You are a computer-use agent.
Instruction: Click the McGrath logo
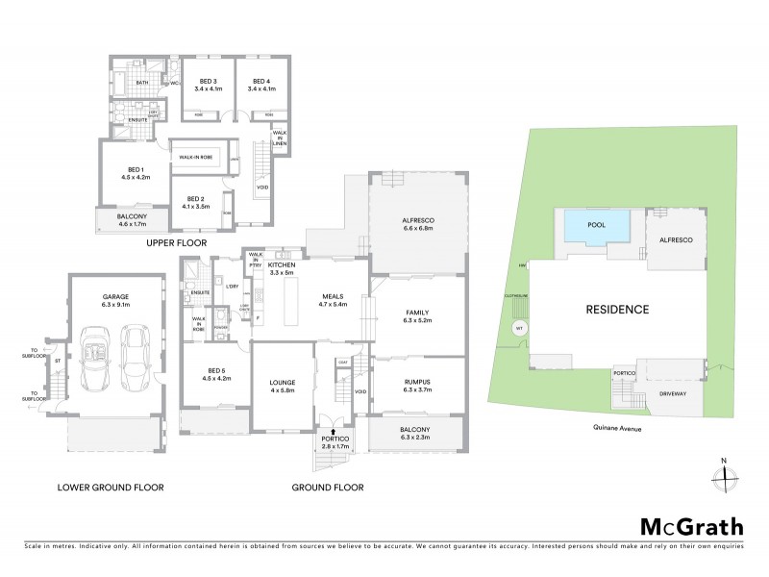692,526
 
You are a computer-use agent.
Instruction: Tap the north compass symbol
726,474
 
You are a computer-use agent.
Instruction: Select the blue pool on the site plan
597,228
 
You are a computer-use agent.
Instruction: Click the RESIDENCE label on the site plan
617,310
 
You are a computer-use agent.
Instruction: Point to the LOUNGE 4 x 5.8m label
283,387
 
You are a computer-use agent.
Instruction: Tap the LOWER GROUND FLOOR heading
110,488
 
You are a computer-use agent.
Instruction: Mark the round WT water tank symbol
520,328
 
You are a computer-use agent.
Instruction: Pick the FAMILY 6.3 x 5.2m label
416,317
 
